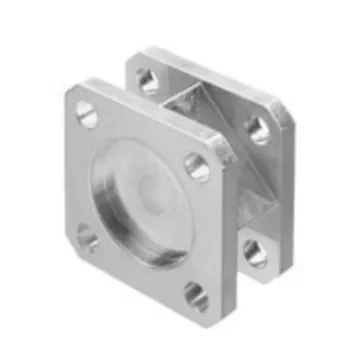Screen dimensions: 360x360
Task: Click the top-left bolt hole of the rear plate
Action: [x=150, y=80]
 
